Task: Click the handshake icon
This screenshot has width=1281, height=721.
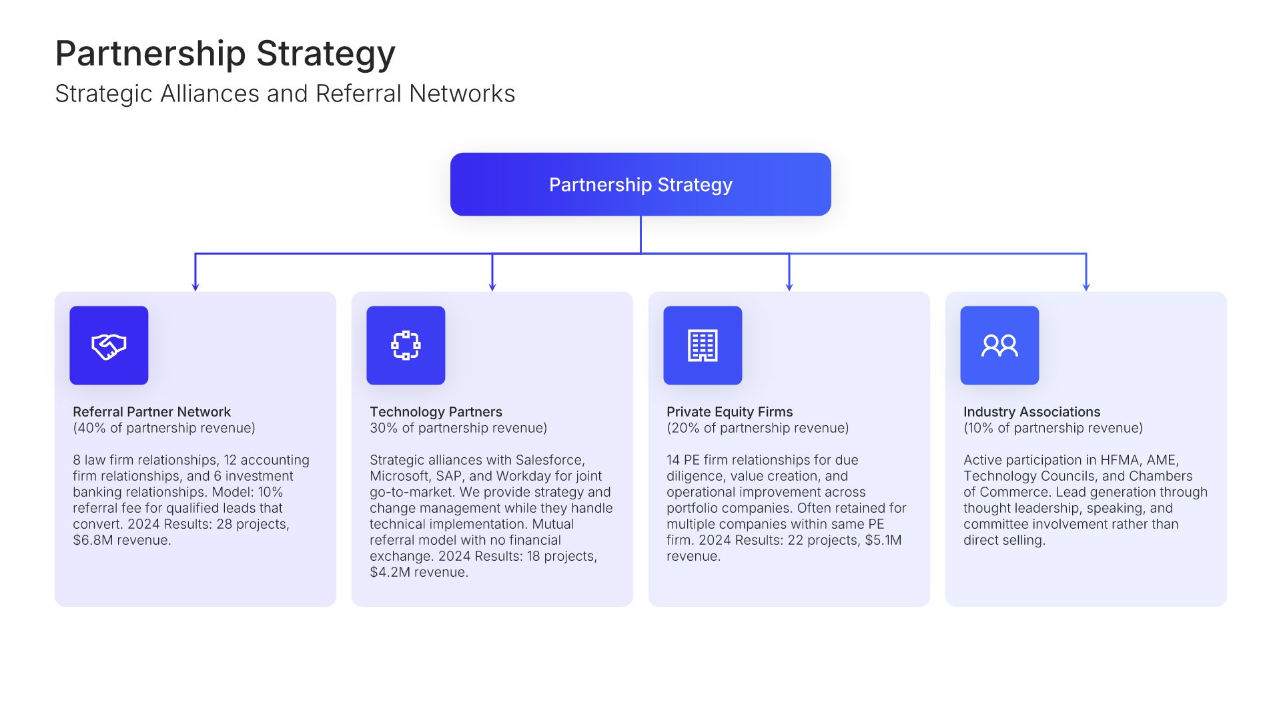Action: click(x=109, y=346)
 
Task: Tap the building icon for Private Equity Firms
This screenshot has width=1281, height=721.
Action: click(x=703, y=346)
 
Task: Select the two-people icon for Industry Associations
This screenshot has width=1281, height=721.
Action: click(x=999, y=346)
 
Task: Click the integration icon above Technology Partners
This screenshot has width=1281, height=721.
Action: click(x=406, y=346)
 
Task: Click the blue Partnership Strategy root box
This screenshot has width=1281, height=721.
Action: click(x=640, y=184)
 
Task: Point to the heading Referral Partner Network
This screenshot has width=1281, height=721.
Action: click(x=151, y=412)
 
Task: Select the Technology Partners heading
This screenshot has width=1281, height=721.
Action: click(x=436, y=412)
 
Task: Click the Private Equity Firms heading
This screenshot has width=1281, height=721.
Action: click(x=729, y=412)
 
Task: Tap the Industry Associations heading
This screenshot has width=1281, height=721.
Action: click(x=1031, y=412)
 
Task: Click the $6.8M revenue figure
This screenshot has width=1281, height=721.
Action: click(x=93, y=540)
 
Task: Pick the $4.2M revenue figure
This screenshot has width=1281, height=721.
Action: click(x=390, y=572)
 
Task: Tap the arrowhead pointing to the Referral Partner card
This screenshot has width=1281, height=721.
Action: click(x=195, y=286)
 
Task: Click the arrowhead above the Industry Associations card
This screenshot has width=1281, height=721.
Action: click(x=1086, y=286)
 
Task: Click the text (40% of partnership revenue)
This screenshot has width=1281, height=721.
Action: click(x=164, y=428)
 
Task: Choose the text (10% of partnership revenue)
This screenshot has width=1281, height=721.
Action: click(x=1053, y=428)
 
